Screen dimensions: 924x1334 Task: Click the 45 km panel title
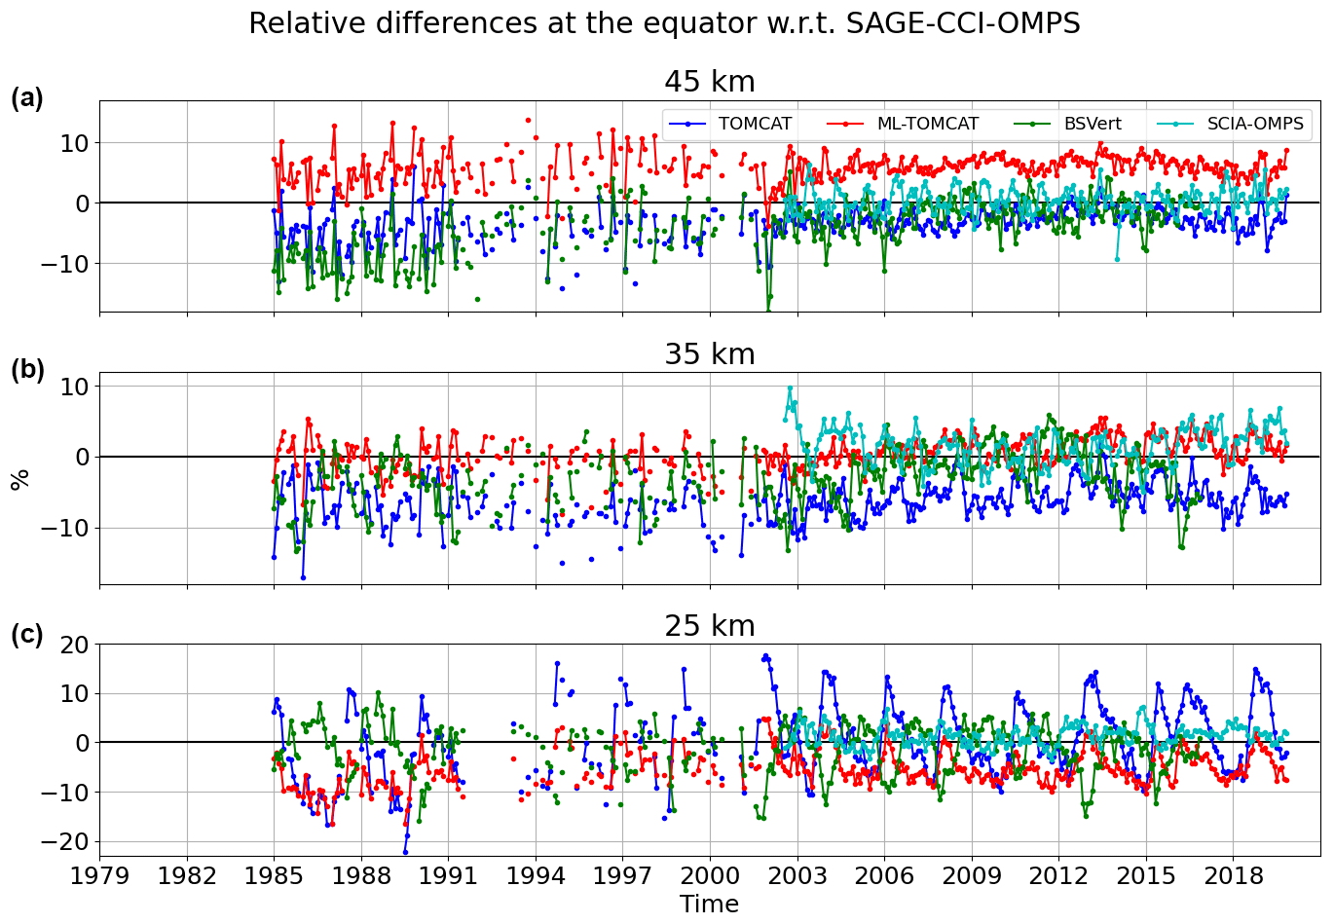[709, 82]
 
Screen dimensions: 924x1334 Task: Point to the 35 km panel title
[709, 354]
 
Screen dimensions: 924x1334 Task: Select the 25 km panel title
[709, 626]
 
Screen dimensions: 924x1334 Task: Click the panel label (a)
[27, 98]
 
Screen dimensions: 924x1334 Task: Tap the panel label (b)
[27, 370]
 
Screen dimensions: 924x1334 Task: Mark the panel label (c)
[27, 635]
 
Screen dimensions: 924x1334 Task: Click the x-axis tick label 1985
[274, 874]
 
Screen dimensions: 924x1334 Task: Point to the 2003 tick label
[797, 874]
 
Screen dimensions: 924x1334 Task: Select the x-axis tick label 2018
[1234, 874]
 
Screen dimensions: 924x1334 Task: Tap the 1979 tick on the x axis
[99, 874]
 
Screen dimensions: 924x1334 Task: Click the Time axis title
[709, 905]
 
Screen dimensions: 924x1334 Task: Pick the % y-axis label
[19, 479]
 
